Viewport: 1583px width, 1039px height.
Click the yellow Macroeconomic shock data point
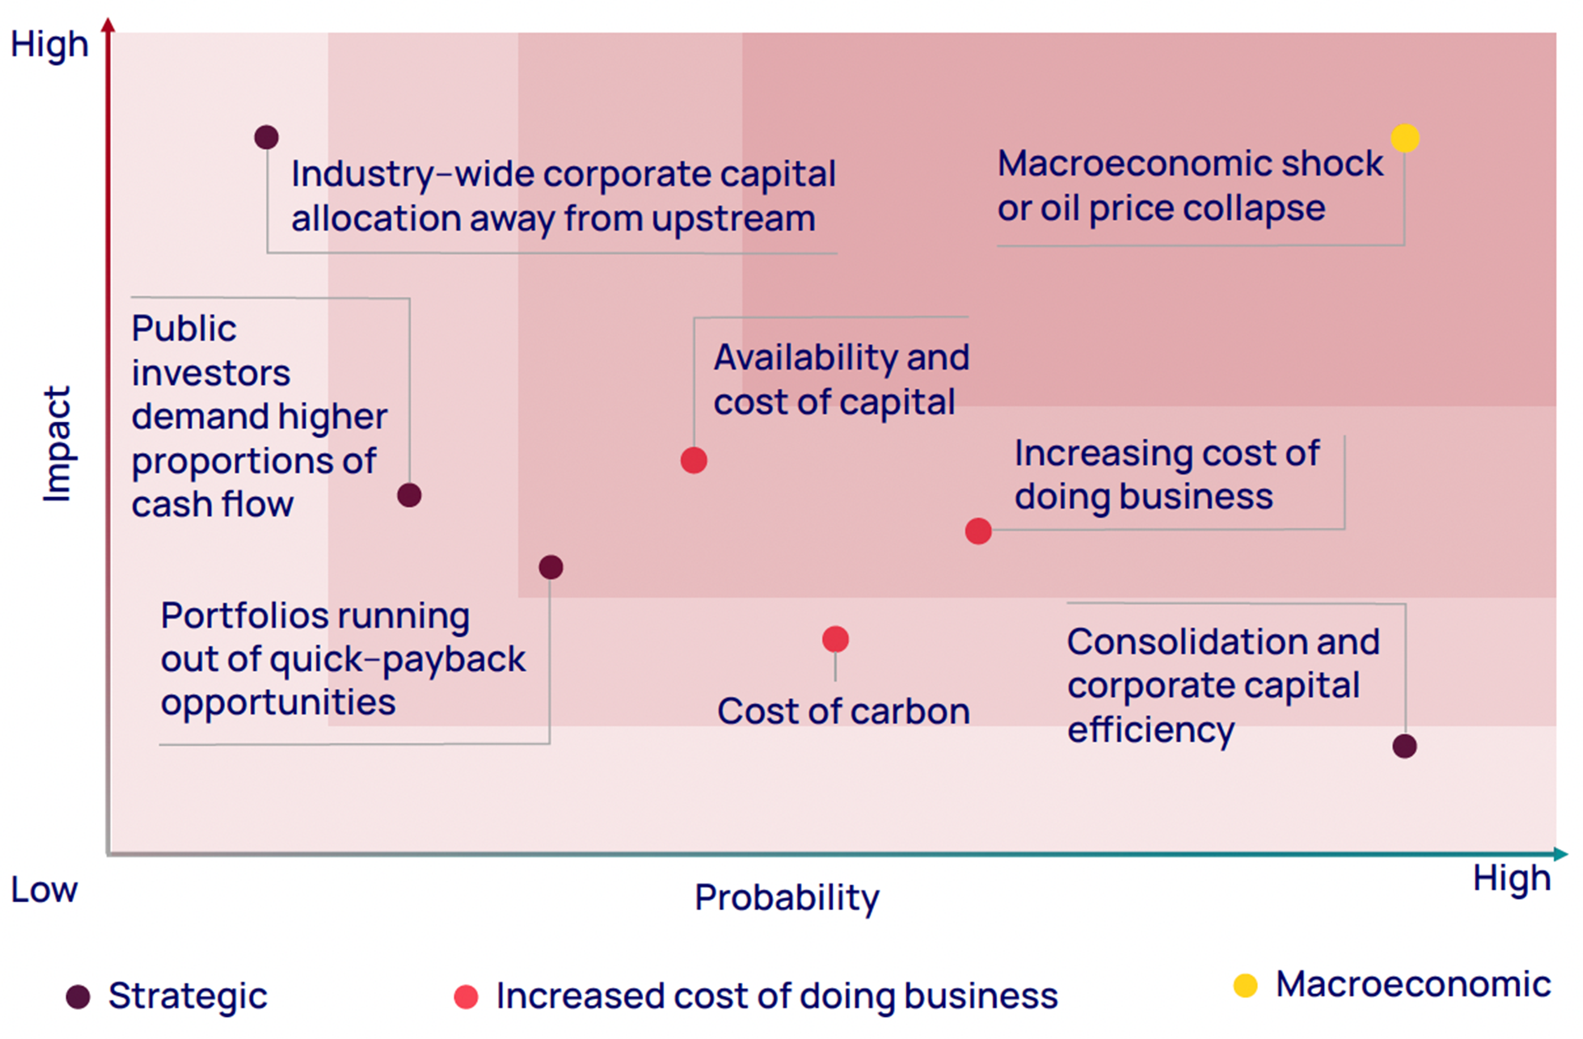[1405, 139]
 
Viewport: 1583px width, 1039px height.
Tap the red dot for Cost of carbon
[835, 639]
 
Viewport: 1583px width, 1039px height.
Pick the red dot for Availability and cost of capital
[694, 460]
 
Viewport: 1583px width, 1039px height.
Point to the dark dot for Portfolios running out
[551, 567]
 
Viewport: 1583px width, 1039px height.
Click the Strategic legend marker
[78, 997]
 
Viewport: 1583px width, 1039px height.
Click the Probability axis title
[787, 898]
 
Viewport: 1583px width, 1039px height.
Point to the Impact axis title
[57, 444]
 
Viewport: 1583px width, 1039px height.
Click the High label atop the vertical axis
[49, 45]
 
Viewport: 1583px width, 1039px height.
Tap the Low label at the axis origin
[44, 890]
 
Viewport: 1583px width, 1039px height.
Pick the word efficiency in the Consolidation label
[1151, 730]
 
